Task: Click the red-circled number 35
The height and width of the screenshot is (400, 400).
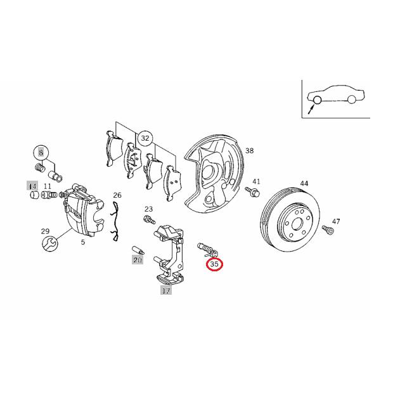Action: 214,264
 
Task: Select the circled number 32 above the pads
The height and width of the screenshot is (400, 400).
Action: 146,138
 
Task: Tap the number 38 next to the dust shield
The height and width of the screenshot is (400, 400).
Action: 249,151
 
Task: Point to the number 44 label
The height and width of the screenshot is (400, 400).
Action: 304,183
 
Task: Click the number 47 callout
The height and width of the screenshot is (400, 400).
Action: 335,221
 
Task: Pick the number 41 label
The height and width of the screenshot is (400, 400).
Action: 256,181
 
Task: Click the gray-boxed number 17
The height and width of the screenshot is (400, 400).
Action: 165,292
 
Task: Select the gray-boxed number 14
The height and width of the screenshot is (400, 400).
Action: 32,185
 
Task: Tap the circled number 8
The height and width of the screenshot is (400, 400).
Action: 41,153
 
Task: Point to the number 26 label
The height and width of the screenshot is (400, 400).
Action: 117,195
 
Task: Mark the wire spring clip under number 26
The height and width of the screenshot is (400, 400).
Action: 116,222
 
